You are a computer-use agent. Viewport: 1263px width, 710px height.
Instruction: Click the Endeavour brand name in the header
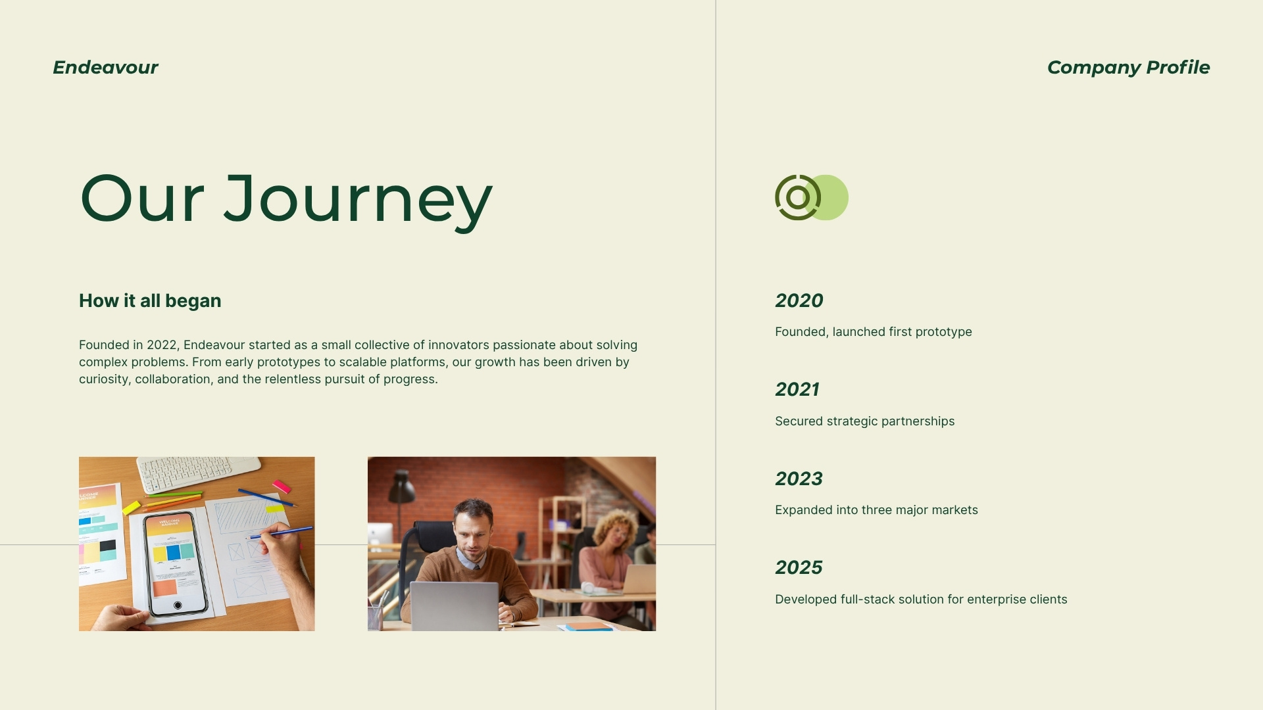105,68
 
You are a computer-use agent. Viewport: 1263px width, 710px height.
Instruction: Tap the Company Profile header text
1127,68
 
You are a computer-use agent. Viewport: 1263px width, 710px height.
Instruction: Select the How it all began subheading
150,301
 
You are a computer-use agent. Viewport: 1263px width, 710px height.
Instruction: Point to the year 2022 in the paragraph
162,345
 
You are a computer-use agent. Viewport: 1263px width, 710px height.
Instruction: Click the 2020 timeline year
799,301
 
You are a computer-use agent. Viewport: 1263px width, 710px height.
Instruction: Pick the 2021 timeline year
797,390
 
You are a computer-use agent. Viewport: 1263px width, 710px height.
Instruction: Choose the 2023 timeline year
799,479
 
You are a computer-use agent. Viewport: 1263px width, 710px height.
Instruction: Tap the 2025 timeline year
799,568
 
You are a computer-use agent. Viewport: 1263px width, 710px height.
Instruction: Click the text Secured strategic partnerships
864,421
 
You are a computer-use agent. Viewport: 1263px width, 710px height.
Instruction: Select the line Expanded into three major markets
876,510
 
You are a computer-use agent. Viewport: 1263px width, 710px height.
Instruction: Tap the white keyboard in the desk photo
197,472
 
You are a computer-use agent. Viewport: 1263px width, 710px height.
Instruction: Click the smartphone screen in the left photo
174,562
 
